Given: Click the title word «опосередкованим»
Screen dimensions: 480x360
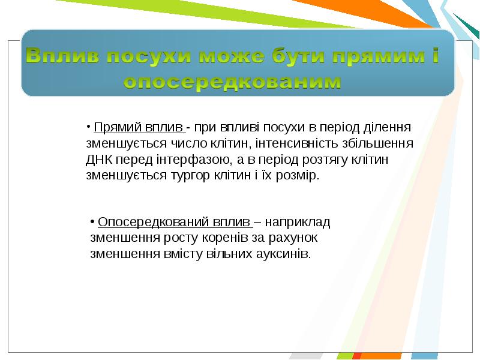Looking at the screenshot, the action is click(x=233, y=82).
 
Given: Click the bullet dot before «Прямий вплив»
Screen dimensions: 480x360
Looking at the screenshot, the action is click(x=88, y=127).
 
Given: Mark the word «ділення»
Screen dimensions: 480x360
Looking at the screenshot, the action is click(x=387, y=127).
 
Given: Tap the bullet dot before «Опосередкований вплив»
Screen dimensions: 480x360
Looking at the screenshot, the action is click(x=92, y=221).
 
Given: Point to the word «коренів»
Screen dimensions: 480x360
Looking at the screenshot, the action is click(x=224, y=238).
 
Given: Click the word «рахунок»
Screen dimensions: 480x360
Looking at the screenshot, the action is click(x=293, y=238).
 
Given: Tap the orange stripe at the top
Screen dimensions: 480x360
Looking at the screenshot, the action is click(x=364, y=13).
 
